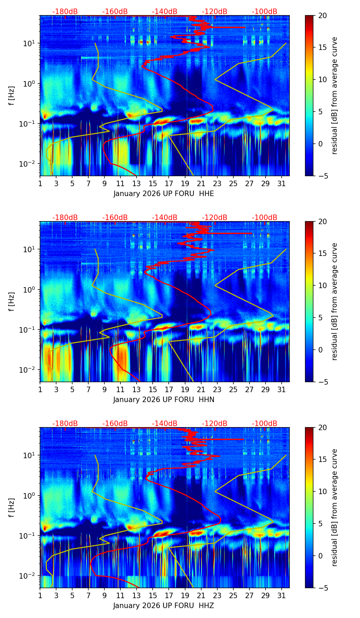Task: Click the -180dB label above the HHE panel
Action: tap(65, 12)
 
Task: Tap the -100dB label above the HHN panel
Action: tap(265, 218)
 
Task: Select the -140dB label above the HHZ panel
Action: tap(165, 424)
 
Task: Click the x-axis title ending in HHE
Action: tap(164, 194)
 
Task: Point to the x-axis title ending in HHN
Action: tap(164, 400)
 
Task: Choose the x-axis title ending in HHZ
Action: tap(164, 606)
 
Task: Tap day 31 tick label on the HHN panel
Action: tap(282, 389)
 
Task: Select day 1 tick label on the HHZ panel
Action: tap(40, 595)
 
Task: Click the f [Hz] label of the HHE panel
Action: tap(12, 95)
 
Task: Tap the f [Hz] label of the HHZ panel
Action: tap(12, 507)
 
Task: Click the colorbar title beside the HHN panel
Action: tap(334, 301)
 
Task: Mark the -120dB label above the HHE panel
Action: tap(215, 12)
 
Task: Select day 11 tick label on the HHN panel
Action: tap(120, 389)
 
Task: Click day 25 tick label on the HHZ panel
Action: tap(233, 595)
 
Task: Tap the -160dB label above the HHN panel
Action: tap(115, 218)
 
